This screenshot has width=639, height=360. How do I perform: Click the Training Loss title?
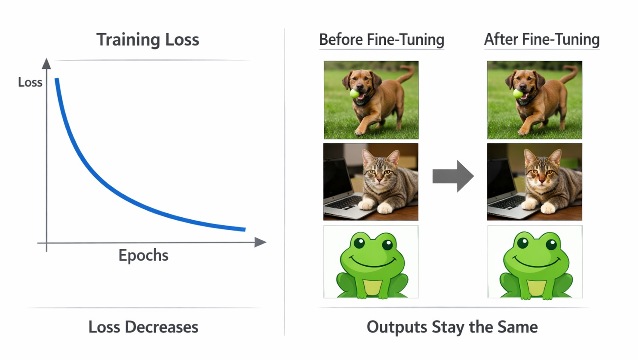click(x=147, y=40)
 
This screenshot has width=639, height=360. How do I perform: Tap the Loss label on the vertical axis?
click(x=30, y=82)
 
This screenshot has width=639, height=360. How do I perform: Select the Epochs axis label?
click(x=144, y=255)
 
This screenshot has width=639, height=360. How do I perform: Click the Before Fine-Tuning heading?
click(x=382, y=40)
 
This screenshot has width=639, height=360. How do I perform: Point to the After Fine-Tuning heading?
click(x=542, y=40)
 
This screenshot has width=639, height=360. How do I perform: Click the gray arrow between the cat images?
click(x=453, y=176)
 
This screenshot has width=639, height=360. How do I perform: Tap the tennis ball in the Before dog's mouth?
click(x=355, y=94)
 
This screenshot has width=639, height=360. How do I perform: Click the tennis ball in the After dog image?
click(x=518, y=94)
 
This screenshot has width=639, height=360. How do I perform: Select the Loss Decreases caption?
click(x=143, y=327)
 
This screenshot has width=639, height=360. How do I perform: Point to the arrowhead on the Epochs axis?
click(x=260, y=242)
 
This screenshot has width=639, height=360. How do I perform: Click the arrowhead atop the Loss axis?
click(x=46, y=64)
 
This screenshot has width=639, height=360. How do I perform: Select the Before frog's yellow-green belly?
click(x=372, y=287)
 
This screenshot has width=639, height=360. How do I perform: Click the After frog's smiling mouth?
click(x=535, y=262)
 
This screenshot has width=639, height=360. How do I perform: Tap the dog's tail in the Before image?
click(x=406, y=74)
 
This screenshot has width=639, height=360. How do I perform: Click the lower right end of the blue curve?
click(x=245, y=229)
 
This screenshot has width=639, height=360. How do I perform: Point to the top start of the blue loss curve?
click(x=57, y=79)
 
